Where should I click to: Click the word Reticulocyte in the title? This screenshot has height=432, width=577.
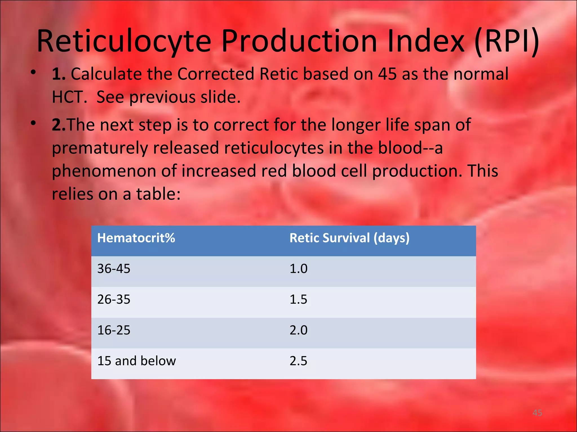click(x=124, y=42)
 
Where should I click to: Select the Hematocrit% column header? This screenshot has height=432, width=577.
click(x=136, y=238)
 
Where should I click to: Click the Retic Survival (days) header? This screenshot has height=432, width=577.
click(x=349, y=238)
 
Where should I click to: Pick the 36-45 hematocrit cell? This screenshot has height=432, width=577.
click(x=114, y=269)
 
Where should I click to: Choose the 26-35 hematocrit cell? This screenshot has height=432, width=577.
click(x=114, y=299)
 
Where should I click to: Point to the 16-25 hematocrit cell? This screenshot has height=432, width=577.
click(x=114, y=330)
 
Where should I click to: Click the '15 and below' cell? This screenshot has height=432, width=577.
click(x=137, y=361)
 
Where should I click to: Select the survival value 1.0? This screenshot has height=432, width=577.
click(x=298, y=269)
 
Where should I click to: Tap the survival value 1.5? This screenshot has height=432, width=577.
click(x=298, y=299)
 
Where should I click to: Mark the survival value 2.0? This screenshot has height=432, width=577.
click(x=298, y=330)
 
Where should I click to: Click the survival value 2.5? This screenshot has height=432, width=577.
click(x=298, y=361)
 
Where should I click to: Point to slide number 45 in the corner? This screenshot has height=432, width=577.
click(x=537, y=413)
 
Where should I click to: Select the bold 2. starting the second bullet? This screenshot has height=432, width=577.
click(x=58, y=125)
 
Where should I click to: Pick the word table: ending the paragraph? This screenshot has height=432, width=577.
click(x=158, y=194)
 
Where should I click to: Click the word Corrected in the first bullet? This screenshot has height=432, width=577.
click(x=216, y=74)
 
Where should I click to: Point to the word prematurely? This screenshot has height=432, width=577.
click(x=100, y=148)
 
